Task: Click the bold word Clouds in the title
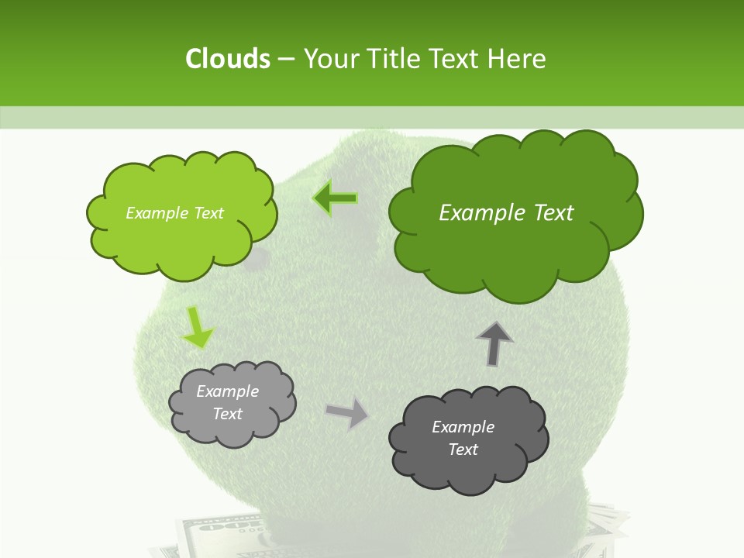pos(227,59)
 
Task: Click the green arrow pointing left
pos(336,198)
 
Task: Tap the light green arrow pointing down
pos(197,328)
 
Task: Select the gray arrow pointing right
pos(346,413)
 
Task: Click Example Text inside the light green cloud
pos(174,213)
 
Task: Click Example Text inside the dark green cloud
pos(506,213)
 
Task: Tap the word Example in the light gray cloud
pos(227,391)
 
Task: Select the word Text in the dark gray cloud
pos(463,449)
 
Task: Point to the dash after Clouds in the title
pos(286,60)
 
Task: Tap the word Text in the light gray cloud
pos(227,414)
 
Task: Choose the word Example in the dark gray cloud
pos(463,427)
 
